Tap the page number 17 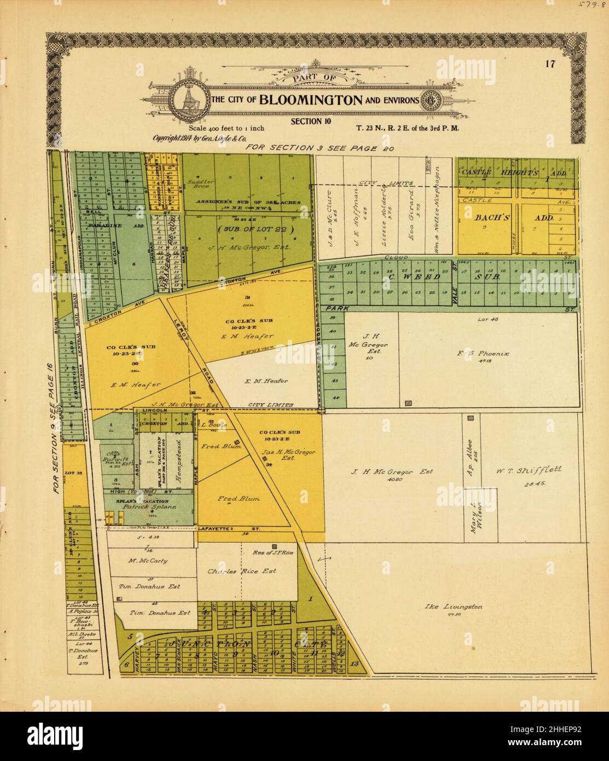coord(550,64)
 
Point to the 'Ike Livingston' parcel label coord(454,607)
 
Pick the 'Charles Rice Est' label coord(242,571)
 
